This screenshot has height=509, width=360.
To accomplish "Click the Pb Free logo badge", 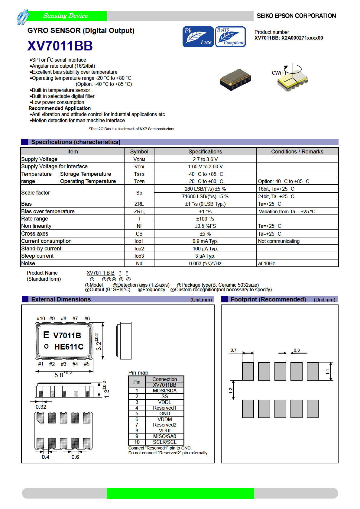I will coord(198,37).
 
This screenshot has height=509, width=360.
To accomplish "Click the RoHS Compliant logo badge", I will coord(230,37).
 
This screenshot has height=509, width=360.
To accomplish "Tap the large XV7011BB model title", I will coord(60,46).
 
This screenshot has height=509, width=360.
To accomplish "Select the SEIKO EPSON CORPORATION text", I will coord(296,16).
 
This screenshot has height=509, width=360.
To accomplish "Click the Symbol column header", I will coord(139,152).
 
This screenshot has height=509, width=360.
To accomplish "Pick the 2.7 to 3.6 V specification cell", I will coord(205,159).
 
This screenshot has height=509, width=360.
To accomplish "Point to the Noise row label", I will coord(28,263).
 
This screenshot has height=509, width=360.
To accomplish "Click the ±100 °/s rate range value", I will coord(205,219).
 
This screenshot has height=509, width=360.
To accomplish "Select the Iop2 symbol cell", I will coord(139,249).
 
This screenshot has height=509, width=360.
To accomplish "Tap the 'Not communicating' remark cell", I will coord(279,241).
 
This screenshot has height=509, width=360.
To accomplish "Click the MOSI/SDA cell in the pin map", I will coord(164,391).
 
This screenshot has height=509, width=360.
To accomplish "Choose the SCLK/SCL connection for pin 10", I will coord(164,442).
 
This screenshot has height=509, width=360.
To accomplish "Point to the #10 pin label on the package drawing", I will coord(41,318).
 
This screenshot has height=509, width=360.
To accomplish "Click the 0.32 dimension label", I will coord(41,407).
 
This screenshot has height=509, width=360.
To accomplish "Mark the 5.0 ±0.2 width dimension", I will coord(63,375).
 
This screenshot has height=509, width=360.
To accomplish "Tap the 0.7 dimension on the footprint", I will coord(233,350).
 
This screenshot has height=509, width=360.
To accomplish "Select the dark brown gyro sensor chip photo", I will coord(235,80).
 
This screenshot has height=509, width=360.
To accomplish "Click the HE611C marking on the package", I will coord(69,347).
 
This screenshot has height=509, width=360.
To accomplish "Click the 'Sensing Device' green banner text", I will coord(66,16).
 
